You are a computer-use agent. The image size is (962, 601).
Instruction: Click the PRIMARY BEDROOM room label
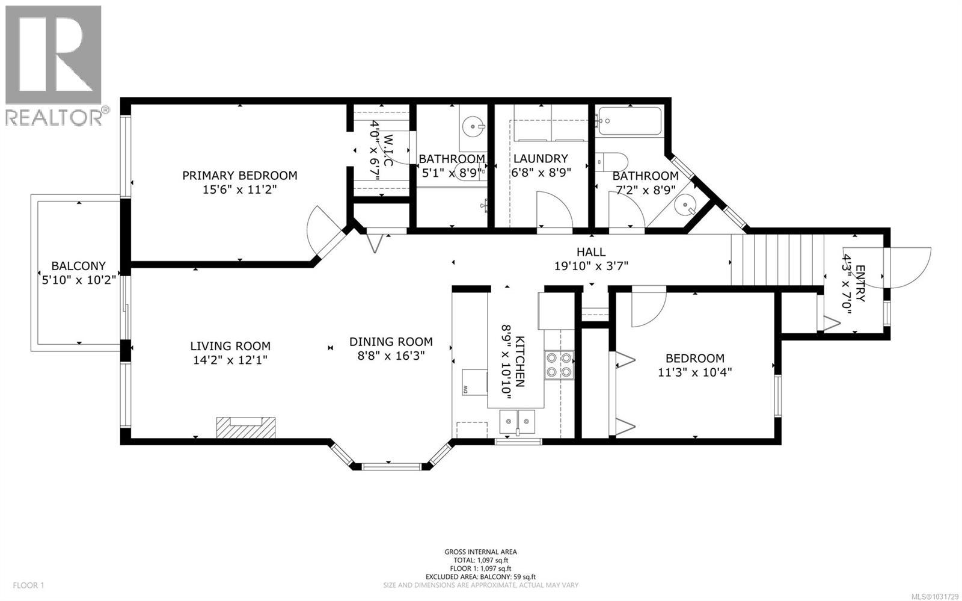(239, 176)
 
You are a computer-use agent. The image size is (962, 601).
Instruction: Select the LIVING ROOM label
(230, 346)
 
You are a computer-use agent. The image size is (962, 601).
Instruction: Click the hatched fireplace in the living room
(246, 428)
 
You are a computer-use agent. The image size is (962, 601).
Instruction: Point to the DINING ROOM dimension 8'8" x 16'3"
(391, 356)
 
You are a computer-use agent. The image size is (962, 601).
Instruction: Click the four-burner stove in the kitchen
(559, 365)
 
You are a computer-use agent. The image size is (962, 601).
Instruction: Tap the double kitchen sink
(517, 418)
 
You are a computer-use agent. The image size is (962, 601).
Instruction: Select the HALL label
(591, 252)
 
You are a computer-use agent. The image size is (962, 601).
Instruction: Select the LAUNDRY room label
(540, 159)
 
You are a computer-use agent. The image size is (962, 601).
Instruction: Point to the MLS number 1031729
(934, 596)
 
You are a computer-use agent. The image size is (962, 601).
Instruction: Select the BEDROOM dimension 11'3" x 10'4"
(694, 372)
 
